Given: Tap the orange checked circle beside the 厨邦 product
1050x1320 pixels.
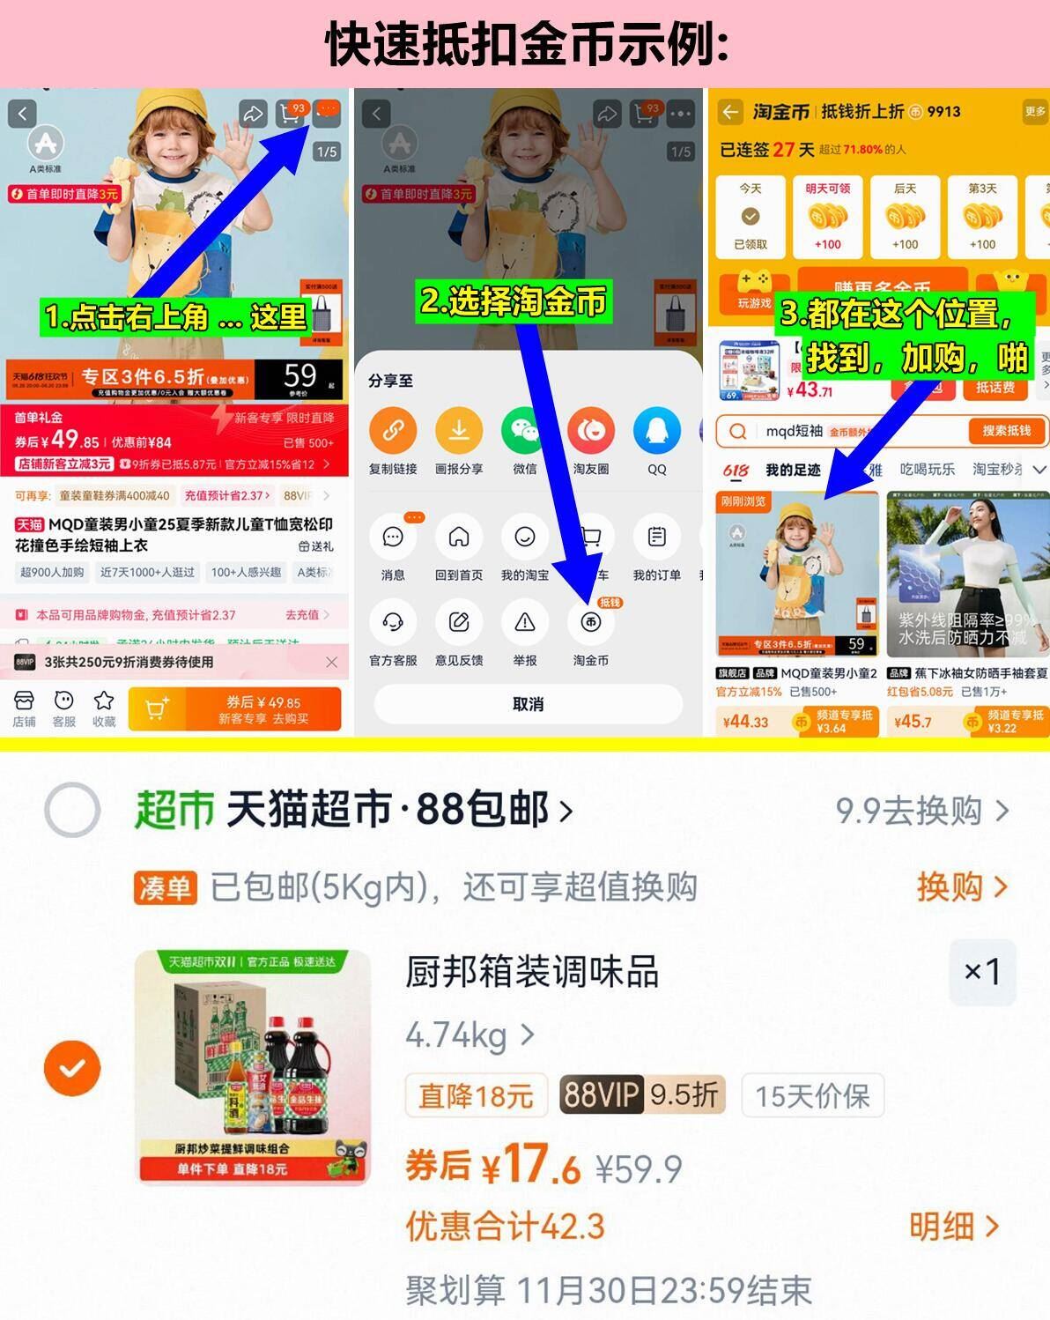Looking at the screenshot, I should click(x=72, y=1068).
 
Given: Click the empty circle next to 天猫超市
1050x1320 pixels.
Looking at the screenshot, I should click(x=72, y=809).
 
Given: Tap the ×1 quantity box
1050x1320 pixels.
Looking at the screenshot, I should click(x=981, y=972).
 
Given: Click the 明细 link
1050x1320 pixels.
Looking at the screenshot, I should click(x=953, y=1226).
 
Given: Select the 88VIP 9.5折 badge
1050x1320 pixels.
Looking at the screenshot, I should click(x=641, y=1095).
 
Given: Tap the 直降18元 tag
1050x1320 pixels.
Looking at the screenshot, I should click(x=476, y=1095).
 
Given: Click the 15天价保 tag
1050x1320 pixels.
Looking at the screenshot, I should click(x=812, y=1095).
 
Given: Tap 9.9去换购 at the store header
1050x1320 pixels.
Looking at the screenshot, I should click(x=921, y=810).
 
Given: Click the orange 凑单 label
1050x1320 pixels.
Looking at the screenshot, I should click(x=166, y=887).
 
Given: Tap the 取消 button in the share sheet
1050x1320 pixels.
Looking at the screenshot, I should click(x=528, y=704).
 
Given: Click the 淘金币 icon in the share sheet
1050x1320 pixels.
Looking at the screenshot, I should click(x=590, y=623).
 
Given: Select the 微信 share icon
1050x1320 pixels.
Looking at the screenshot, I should click(x=524, y=431).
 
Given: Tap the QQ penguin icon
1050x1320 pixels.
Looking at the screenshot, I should click(x=656, y=431).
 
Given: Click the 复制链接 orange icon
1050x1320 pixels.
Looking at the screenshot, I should click(x=393, y=431).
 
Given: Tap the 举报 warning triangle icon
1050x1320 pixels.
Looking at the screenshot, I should click(x=524, y=623).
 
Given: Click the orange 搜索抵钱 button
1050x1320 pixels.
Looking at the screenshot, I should click(x=1005, y=431).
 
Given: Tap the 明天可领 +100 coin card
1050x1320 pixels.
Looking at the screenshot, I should click(x=827, y=217).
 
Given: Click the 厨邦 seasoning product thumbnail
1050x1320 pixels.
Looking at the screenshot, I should click(x=253, y=1066).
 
